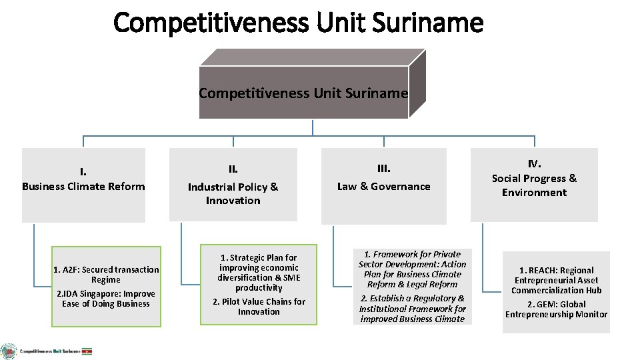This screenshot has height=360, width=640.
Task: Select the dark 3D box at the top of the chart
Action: click(304, 92)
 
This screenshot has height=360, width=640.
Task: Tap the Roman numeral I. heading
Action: click(83, 173)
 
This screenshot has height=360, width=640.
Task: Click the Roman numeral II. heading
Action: click(233, 169)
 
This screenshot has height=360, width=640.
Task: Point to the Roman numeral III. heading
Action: click(383, 169)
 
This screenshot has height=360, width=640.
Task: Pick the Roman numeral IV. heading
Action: click(534, 163)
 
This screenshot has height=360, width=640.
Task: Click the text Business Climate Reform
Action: click(83, 187)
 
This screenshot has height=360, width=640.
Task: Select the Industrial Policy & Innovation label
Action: click(233, 193)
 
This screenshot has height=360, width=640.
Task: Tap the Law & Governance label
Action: click(383, 187)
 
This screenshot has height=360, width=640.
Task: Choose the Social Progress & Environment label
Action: click(534, 185)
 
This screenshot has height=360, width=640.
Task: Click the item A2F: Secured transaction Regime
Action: click(106, 275)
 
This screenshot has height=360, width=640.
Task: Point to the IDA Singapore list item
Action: click(106, 299)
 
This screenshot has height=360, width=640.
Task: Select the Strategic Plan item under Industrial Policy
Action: click(259, 272)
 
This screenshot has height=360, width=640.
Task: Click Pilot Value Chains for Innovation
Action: click(259, 306)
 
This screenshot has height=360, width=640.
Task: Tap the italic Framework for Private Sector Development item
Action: click(412, 269)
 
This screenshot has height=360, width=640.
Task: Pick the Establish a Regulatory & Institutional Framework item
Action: click(412, 309)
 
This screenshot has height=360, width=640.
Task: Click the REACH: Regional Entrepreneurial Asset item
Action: click(556, 280)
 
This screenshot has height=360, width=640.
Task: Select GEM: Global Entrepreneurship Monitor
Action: click(556, 309)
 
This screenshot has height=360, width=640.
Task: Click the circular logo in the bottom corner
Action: click(9, 351)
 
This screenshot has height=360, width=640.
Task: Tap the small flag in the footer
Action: click(87, 351)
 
